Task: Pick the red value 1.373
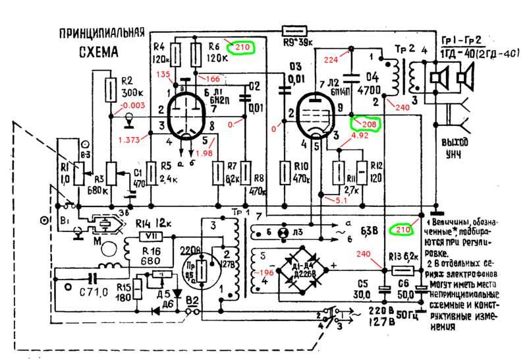(130, 140)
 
